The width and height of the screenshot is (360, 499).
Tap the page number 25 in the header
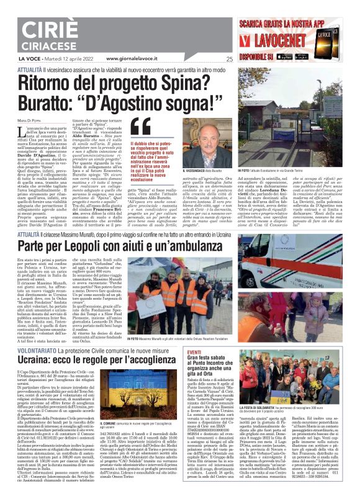(230, 60)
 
